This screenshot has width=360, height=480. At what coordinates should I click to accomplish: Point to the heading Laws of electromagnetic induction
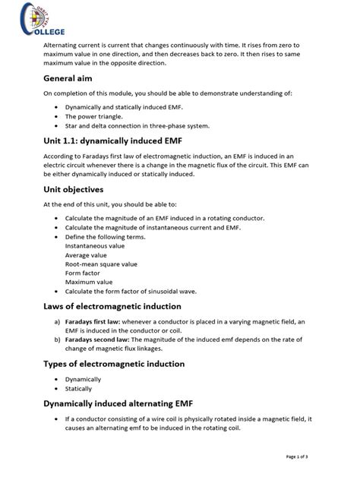tap(112, 306)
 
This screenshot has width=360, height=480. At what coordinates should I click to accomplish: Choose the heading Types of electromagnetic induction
tap(114, 364)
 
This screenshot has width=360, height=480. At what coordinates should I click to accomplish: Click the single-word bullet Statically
tap(78, 388)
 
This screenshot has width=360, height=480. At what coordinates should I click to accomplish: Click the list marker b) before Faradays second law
tap(57, 339)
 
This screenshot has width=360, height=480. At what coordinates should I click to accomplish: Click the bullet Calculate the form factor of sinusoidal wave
tap(142, 291)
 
